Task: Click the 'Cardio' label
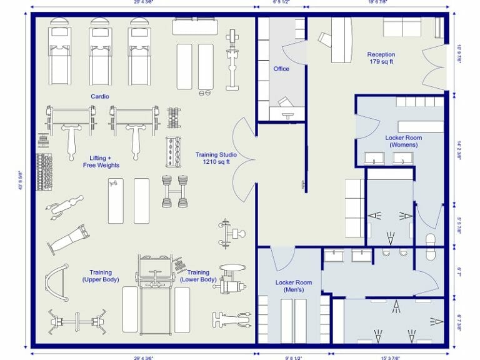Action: tap(100, 96)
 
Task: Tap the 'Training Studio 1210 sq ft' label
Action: tap(213, 158)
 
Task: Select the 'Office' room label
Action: tap(281, 69)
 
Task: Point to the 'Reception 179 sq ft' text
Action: tap(381, 59)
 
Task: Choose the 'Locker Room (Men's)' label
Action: tap(289, 286)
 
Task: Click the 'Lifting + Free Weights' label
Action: tap(101, 161)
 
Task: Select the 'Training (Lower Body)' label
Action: tap(199, 276)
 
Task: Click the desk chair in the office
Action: tap(285, 101)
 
